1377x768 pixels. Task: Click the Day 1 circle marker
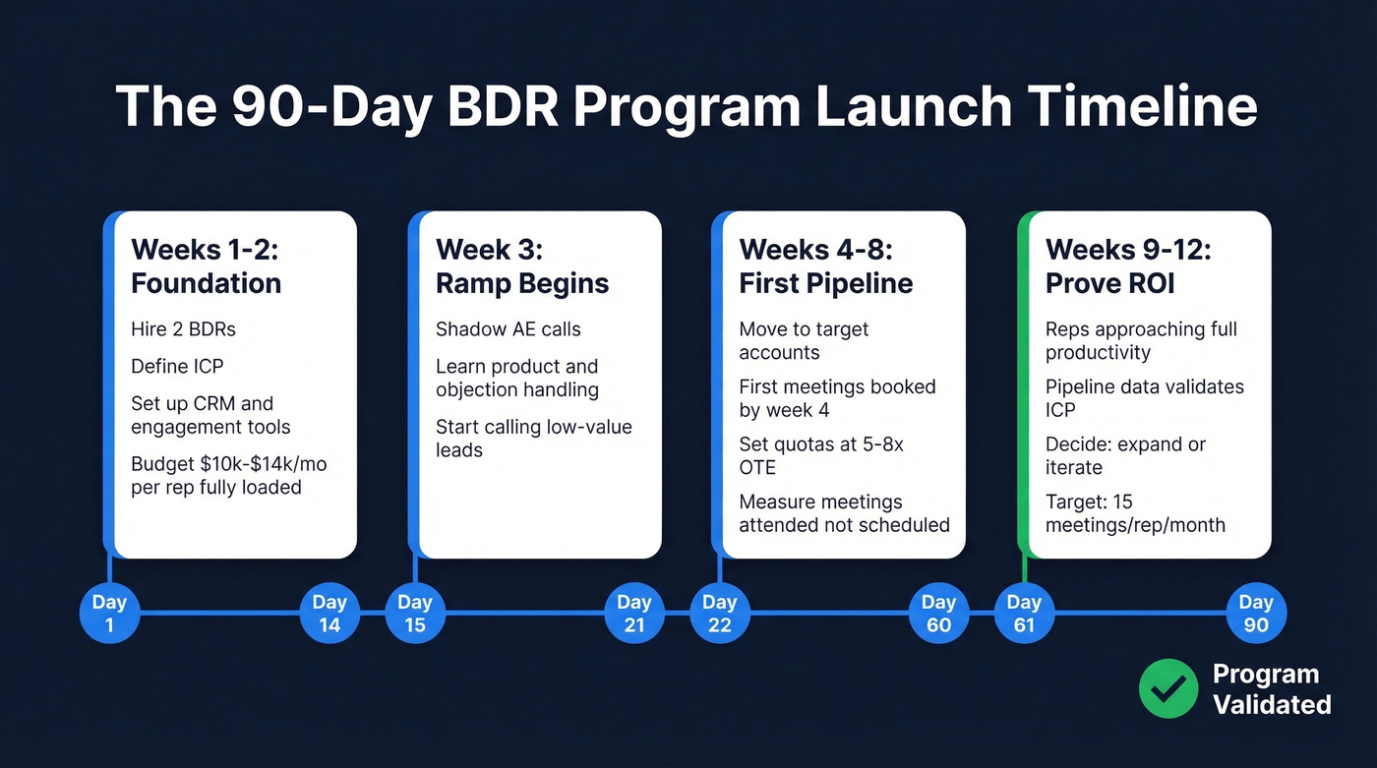pos(109,614)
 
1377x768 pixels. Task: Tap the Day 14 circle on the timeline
pos(329,614)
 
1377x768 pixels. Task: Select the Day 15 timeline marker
pos(415,614)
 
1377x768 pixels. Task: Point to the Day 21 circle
pos(634,614)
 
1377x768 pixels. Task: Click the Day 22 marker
pos(720,614)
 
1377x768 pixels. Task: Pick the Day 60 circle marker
pos(938,614)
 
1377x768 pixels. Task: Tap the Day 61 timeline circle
pos(1024,614)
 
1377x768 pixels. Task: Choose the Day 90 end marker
pos(1256,614)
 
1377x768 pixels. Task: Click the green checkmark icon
pos(1168,689)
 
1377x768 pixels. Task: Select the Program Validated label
pos(1270,689)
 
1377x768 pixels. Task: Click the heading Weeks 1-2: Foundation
pos(206,266)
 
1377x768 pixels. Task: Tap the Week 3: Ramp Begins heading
pos(522,266)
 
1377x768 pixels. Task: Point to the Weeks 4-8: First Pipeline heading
pos(825,266)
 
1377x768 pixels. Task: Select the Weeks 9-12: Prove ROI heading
pos(1127,266)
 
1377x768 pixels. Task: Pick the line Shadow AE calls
pos(508,329)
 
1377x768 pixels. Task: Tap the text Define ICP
pos(177,367)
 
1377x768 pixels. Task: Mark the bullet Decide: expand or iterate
pos(1125,455)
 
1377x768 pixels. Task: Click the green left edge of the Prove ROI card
pos(1023,384)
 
